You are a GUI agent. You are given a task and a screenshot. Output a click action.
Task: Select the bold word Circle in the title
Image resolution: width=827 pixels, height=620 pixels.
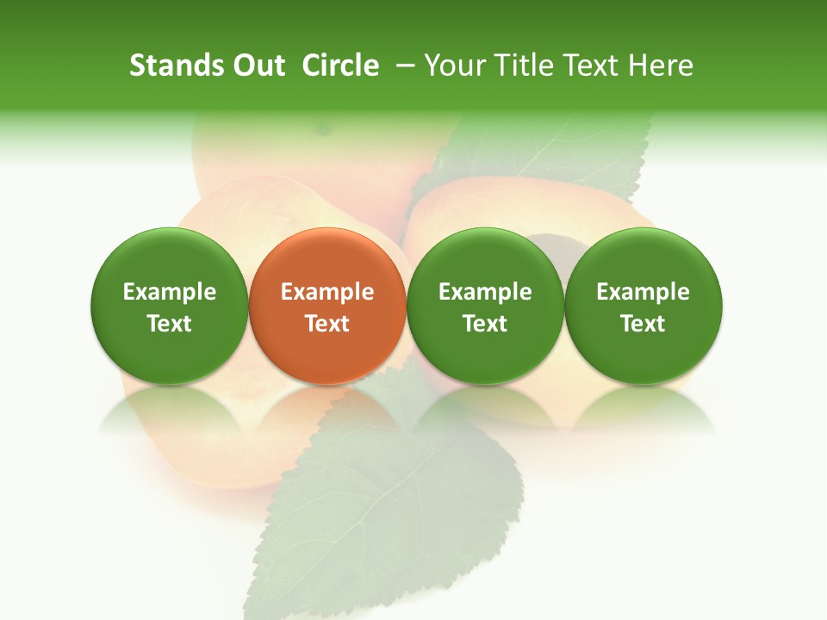click(340, 65)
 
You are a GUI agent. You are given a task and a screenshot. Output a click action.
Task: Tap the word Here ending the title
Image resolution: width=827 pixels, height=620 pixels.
click(660, 65)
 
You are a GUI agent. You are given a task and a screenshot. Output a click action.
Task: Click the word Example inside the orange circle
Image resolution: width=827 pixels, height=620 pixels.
click(327, 292)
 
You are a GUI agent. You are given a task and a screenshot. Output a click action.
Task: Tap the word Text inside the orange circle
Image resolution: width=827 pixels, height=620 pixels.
click(327, 324)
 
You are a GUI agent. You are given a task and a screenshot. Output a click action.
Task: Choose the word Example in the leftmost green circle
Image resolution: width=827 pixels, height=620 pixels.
click(170, 292)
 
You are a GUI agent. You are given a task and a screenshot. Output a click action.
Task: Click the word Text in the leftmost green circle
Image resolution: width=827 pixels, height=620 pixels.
click(170, 324)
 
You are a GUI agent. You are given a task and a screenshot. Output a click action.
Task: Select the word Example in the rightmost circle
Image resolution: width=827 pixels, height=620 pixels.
click(643, 292)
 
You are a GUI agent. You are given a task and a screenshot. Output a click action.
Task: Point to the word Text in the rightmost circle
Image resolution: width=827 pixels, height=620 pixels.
click(643, 324)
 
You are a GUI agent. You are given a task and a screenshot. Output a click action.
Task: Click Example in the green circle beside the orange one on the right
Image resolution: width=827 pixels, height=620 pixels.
click(485, 292)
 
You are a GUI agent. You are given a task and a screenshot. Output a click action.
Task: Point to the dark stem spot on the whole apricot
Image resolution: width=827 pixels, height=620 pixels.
click(324, 129)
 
